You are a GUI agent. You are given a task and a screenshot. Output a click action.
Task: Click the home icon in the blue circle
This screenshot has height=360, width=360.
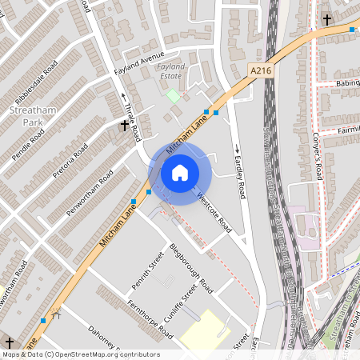pos(180,172)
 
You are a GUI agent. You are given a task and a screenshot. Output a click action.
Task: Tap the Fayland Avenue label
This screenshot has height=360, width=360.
pos(143,59)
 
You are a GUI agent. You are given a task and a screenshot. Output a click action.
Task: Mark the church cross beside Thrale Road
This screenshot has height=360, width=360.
pos(125,126)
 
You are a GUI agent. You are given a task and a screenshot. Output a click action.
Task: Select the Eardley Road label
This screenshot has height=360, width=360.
pos(238,172)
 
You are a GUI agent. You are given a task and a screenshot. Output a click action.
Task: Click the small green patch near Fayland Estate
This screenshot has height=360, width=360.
pos(173,95)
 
